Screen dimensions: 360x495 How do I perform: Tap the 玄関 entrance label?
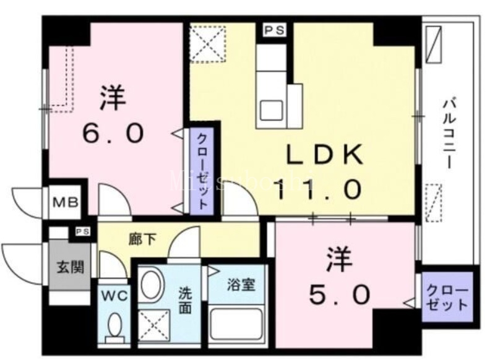(x=64, y=268)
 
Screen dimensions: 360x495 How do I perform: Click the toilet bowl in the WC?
(x=114, y=325)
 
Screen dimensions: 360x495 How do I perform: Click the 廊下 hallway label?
(x=140, y=238)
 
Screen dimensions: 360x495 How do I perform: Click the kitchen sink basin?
(x=271, y=110)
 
